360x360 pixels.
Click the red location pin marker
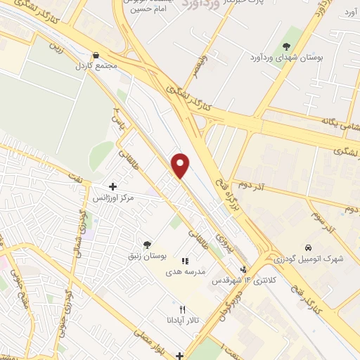(x=181, y=165)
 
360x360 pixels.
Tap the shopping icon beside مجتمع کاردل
(x=96, y=56)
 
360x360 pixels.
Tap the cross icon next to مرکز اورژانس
(x=112, y=187)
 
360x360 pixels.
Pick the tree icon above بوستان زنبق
(x=146, y=245)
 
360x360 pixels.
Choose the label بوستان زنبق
(x=146, y=257)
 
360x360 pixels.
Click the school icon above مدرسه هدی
(x=185, y=261)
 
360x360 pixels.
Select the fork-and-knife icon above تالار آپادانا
(x=182, y=309)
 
